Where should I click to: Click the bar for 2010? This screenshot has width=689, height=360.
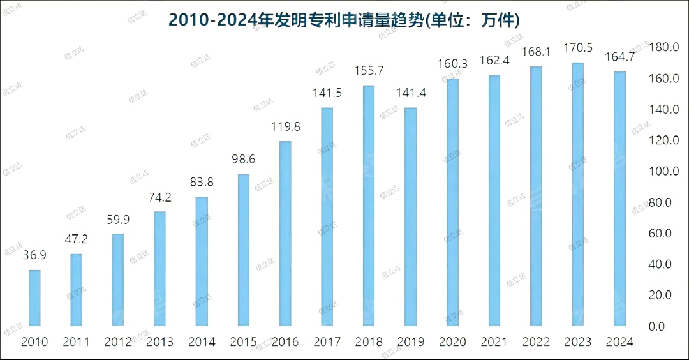(x=34, y=297)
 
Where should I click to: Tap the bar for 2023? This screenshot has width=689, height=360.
(x=577, y=194)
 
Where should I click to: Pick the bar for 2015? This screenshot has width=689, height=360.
(x=243, y=250)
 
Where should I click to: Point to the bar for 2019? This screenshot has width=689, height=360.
(x=410, y=216)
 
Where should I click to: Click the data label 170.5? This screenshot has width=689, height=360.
(x=577, y=48)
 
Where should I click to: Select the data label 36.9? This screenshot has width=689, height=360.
(x=34, y=255)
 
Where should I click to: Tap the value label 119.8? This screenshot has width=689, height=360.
(x=285, y=126)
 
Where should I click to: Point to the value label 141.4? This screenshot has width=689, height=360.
(x=410, y=93)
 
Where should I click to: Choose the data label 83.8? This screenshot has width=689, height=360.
(x=202, y=182)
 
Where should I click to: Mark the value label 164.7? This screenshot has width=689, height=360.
(x=619, y=57)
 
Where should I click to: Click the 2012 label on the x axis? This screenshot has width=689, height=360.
(x=118, y=342)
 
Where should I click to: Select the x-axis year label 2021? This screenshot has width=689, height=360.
(x=494, y=342)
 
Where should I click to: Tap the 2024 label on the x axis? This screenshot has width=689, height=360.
(x=619, y=342)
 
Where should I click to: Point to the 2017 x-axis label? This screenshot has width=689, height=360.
(x=327, y=342)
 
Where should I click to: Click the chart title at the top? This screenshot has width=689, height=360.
(x=344, y=20)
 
